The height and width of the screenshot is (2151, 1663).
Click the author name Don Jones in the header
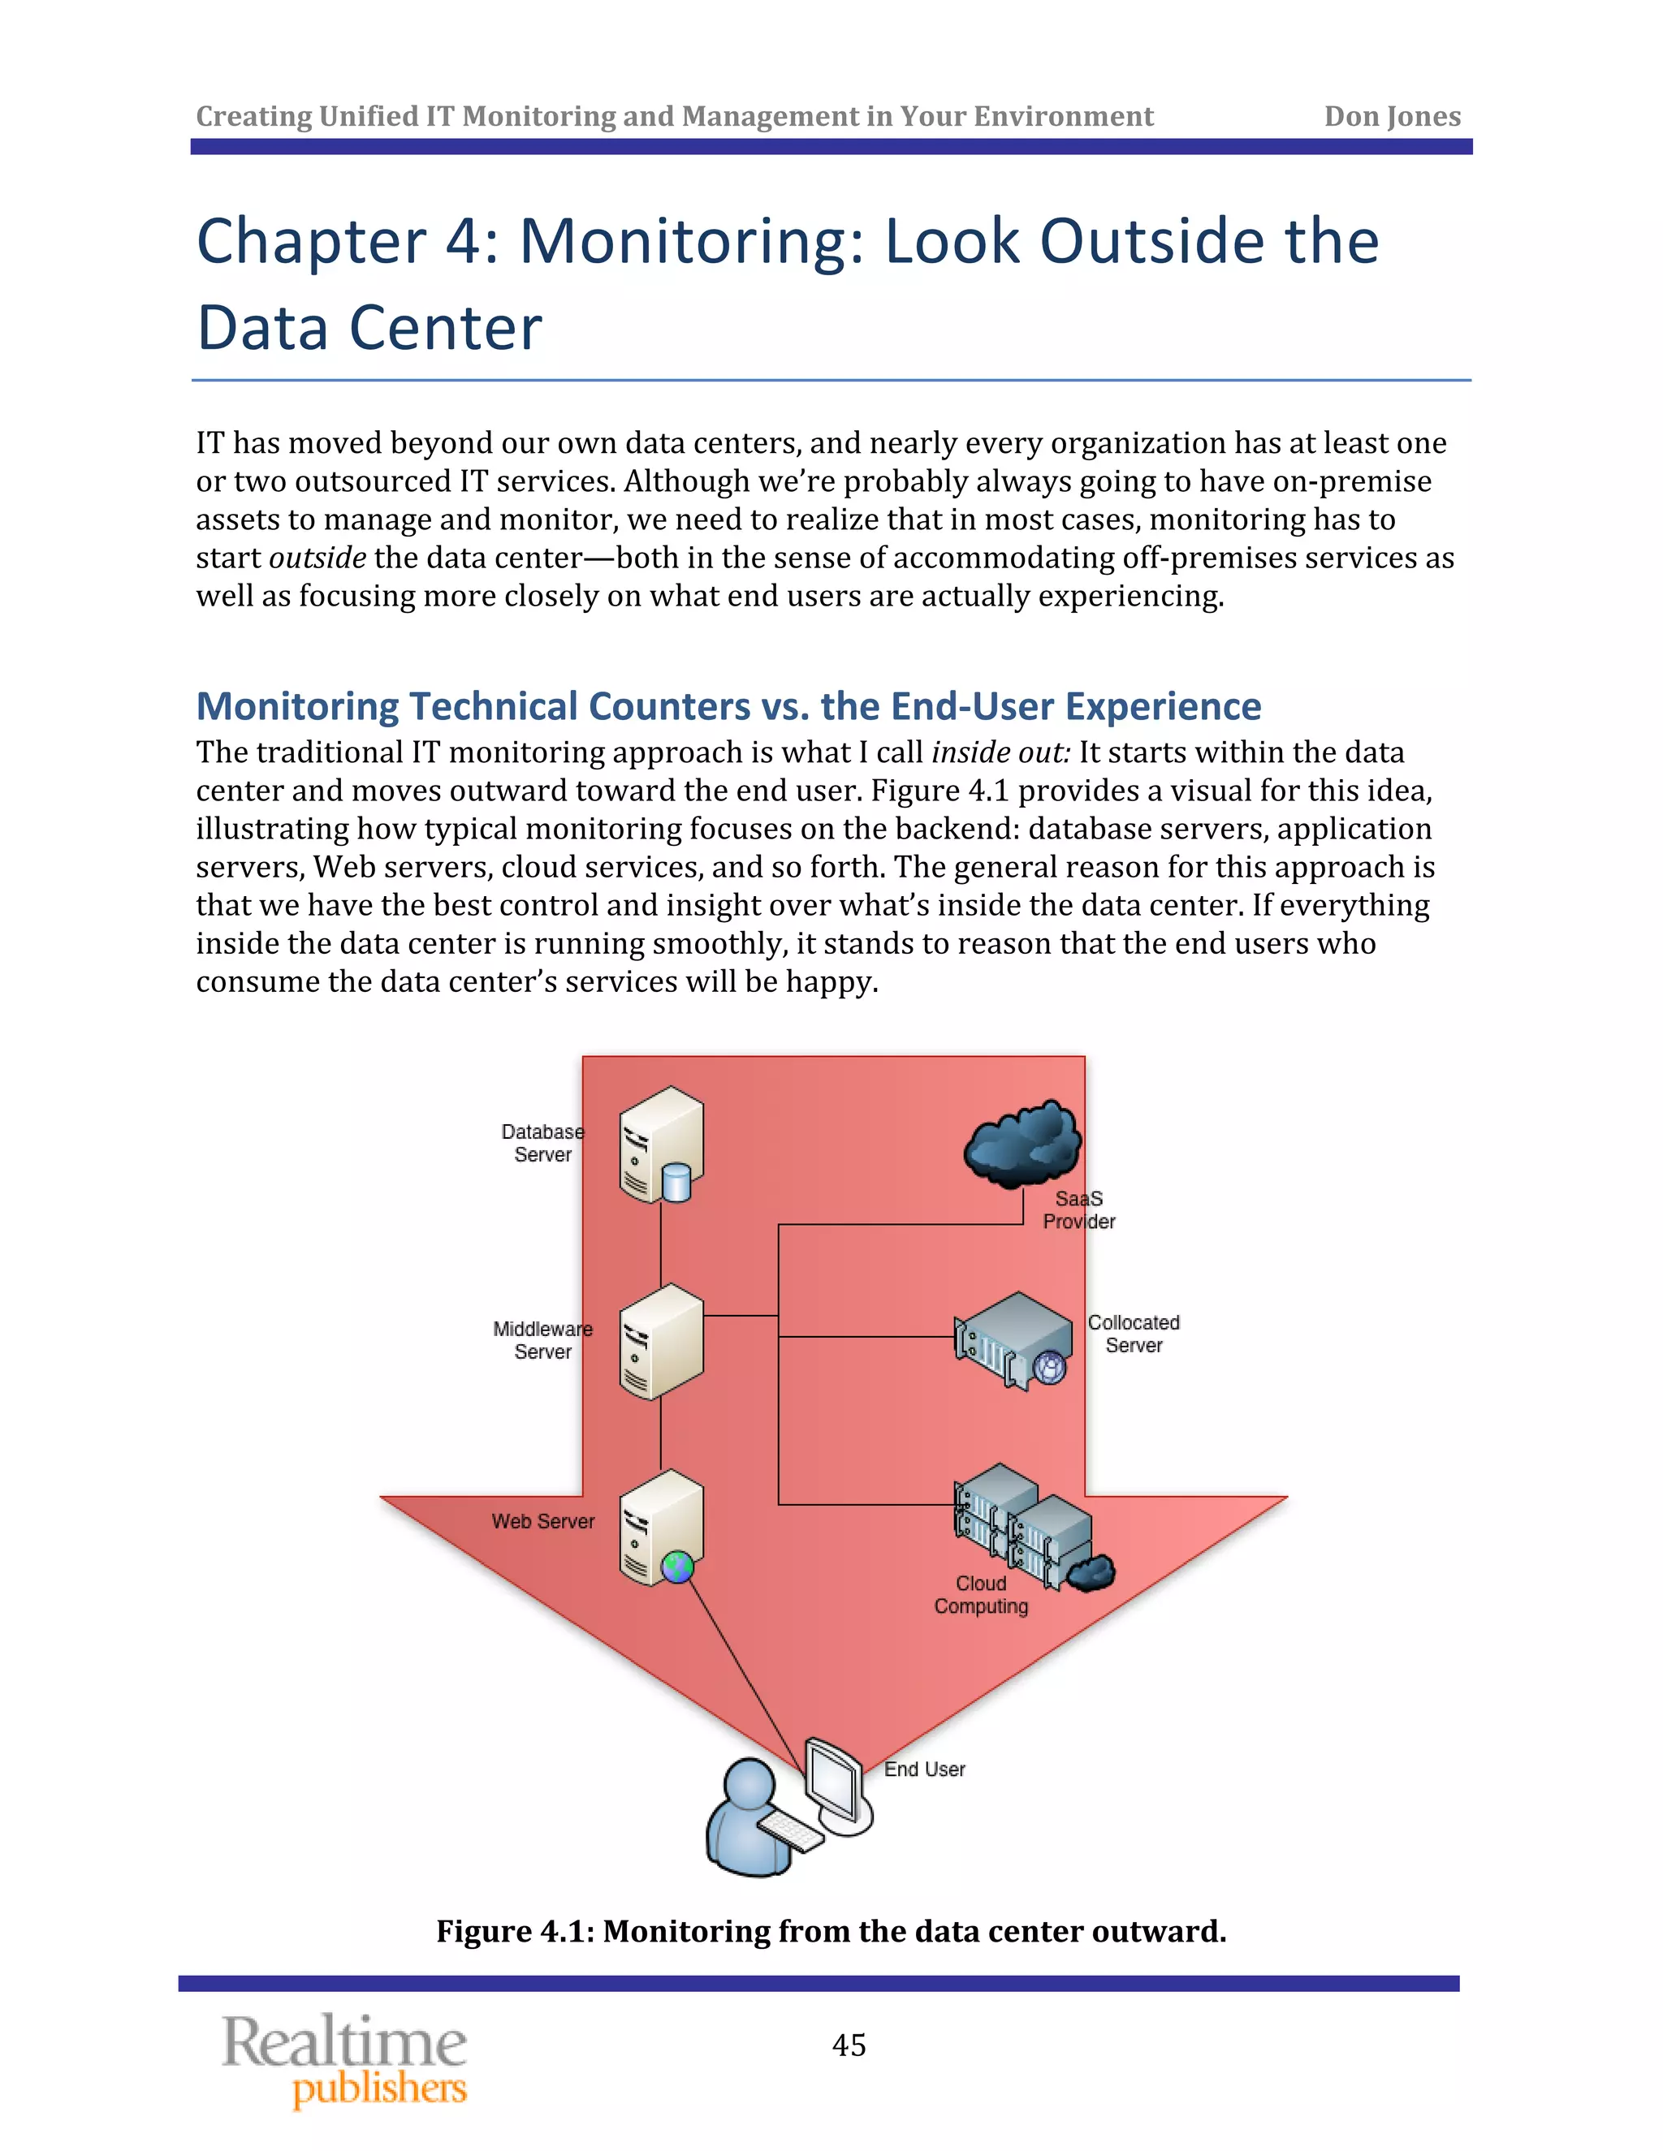tap(1391, 116)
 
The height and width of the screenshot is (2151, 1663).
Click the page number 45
tap(849, 2045)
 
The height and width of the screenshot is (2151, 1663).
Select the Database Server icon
tap(661, 1144)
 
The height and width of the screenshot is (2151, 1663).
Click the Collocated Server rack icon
tap(1013, 1340)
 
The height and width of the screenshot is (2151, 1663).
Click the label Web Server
tap(543, 1522)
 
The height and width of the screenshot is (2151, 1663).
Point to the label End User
tap(924, 1769)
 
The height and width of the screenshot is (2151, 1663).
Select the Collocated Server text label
tap(1133, 1334)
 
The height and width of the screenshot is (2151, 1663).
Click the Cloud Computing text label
tap(981, 1594)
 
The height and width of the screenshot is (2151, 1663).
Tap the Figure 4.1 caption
tap(831, 1931)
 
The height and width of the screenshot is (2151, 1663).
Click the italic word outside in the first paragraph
tap(317, 558)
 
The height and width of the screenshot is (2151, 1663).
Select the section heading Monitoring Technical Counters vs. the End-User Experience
tap(728, 706)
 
